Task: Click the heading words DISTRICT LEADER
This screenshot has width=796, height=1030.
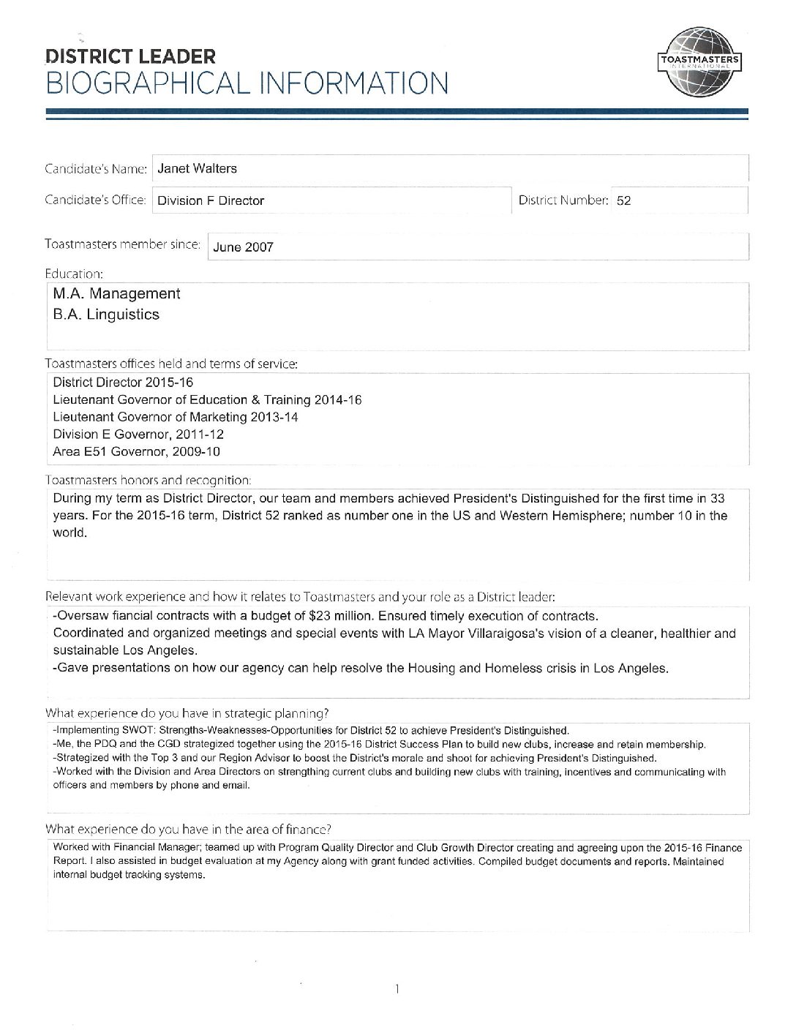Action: (x=130, y=56)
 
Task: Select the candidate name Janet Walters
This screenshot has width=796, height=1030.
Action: (x=198, y=168)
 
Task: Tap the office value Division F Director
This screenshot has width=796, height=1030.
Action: (x=211, y=200)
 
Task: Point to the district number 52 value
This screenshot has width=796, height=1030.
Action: (x=623, y=200)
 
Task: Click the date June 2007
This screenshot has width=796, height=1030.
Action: (x=243, y=247)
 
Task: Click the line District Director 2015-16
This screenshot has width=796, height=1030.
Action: (x=123, y=383)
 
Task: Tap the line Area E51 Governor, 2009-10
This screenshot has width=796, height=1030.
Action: (x=136, y=451)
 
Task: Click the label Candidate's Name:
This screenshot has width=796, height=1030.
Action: (x=96, y=169)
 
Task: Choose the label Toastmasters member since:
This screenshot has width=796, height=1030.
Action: (x=122, y=244)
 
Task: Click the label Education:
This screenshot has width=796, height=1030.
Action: (x=74, y=274)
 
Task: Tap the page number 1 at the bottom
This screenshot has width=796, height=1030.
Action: (x=397, y=990)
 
